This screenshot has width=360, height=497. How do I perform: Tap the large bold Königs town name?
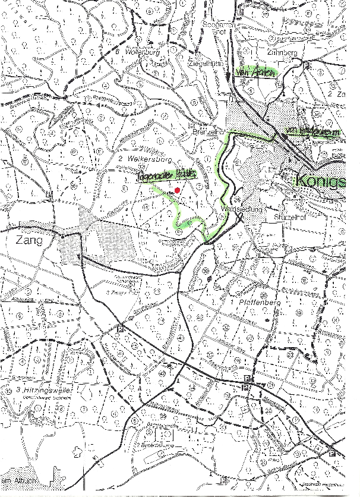320,181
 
